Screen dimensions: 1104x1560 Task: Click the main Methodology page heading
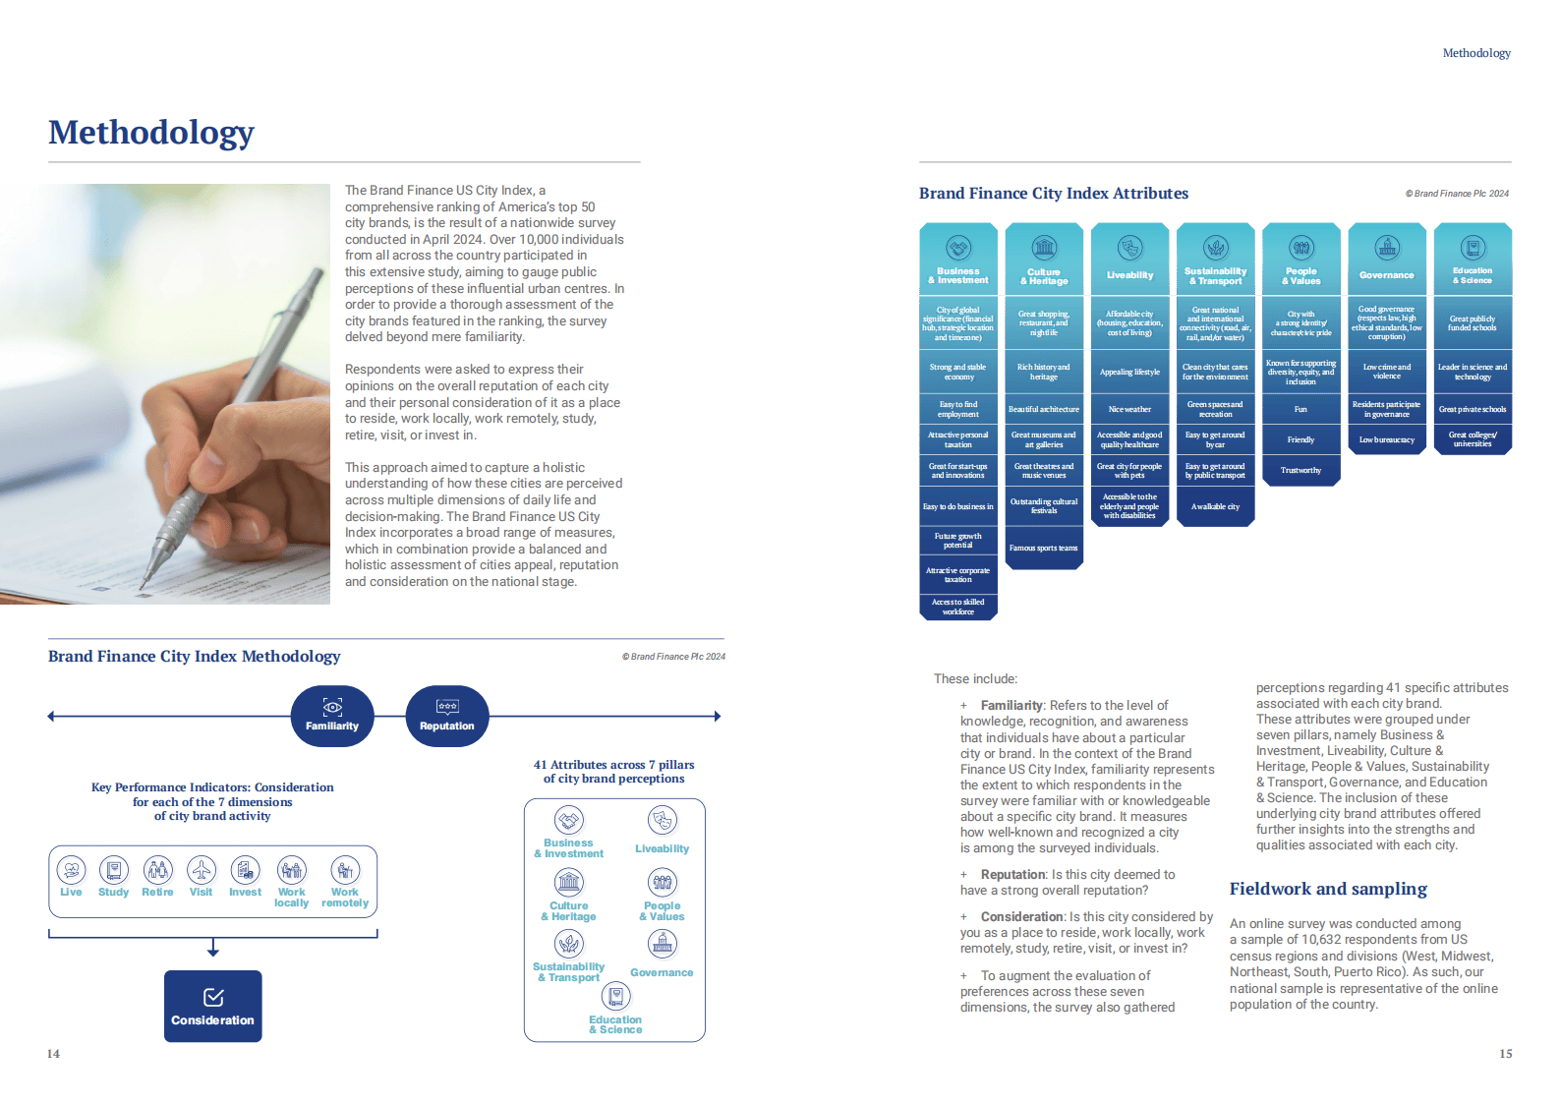pos(151,132)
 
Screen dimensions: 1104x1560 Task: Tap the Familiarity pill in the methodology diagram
pos(332,716)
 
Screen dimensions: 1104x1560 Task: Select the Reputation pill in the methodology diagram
pos(447,716)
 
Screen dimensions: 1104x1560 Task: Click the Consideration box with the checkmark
pos(212,1007)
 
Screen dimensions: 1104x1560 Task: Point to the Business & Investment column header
pos(958,260)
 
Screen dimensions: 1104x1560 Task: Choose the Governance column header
pos(1386,260)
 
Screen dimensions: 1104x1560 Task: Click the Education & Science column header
pos(1472,260)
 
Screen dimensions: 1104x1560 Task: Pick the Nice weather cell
pos(1129,409)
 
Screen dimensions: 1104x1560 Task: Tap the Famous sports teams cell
pos(1043,548)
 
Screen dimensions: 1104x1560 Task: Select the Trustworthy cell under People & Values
pos(1300,470)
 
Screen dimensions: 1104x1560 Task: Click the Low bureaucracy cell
pos(1386,439)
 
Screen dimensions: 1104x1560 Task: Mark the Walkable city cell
pos(1215,506)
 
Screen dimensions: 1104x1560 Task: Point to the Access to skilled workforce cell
pos(958,607)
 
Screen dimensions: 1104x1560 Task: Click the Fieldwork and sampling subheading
pos(1328,889)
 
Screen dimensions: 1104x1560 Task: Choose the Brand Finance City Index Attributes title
pos(1053,193)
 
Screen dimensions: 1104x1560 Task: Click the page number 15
pos(1505,1053)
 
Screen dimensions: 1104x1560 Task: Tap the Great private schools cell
pos(1472,409)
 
